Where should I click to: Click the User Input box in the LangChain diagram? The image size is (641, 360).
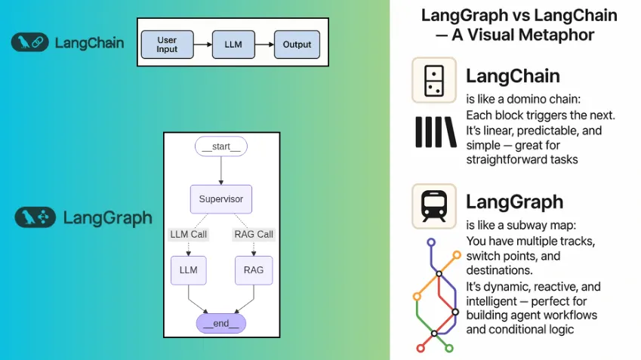coord(167,45)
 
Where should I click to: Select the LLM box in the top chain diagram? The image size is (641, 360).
coord(234,45)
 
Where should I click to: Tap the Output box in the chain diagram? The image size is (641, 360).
coord(297,45)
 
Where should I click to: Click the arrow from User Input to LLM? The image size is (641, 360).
coord(202,45)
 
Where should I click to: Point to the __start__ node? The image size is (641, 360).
coord(220,147)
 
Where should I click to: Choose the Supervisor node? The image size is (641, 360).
coord(220,199)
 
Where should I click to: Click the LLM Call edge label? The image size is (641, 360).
coord(188,235)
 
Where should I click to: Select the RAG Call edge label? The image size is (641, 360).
coord(254,235)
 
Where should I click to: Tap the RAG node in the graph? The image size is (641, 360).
coord(254,269)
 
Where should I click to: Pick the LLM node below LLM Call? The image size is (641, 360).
coord(188,269)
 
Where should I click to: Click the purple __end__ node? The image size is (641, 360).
coord(220,323)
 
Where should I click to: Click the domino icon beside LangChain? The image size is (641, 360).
coord(433,81)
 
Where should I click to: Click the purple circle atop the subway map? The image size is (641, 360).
coord(431,243)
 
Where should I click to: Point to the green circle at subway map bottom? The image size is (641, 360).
coord(449,348)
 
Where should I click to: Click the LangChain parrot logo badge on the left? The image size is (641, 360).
coord(29,42)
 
